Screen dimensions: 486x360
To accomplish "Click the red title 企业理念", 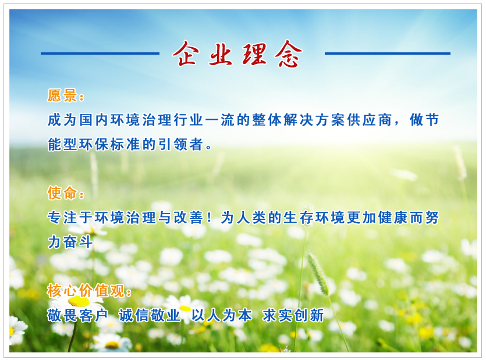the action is [237, 54].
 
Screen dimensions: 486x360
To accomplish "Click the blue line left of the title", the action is [100, 54].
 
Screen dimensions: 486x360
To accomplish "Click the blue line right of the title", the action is [388, 54].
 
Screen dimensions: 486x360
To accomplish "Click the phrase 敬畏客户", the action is [77, 315].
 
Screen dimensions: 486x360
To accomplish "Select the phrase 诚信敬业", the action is [150, 315].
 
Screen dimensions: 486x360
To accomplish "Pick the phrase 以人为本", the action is [222, 315].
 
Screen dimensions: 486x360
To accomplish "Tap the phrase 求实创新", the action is [293, 315].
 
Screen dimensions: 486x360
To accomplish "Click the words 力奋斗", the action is [70, 242].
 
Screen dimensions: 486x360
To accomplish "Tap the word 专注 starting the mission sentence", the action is [62, 218].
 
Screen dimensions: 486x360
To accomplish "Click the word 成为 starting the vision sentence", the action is [62, 120].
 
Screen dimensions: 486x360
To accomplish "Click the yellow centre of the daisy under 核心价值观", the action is [79, 301].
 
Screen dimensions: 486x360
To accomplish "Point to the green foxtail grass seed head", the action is [318, 274].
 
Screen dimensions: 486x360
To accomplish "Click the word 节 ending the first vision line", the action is [432, 120].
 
